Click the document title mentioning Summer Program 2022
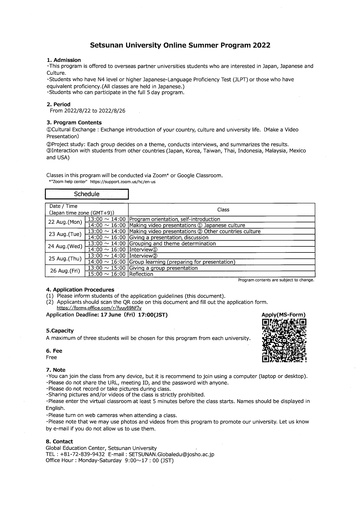coord(180,45)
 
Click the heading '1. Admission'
coord(64,60)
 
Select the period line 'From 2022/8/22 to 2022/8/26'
coord(88,111)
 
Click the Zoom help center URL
coord(123,182)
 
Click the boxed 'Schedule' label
coord(87,194)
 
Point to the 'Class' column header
coord(223,210)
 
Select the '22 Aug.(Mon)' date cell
coord(65,222)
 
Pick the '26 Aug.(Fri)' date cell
coord(65,271)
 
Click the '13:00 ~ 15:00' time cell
coord(107,268)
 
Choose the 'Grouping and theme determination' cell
coord(172,243)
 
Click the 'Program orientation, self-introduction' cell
coord(174,219)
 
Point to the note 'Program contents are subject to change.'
coord(276,280)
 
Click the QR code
coord(284,341)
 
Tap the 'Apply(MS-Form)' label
coord(283,315)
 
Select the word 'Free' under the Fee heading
coord(51,357)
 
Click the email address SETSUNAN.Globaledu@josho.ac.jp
coord(171,454)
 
